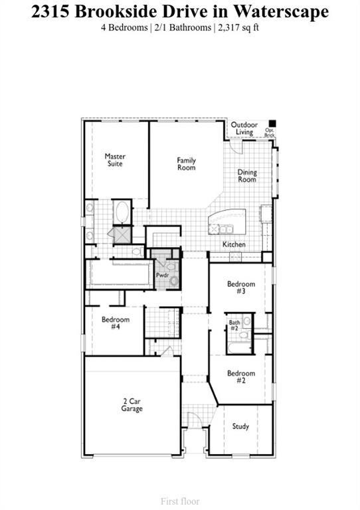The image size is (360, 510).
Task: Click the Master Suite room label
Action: pos(115,160)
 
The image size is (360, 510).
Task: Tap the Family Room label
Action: pos(186,163)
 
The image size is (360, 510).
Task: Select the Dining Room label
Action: pos(247,176)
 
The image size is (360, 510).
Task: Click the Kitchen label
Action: pos(234,244)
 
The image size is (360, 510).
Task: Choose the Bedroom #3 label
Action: pos(240,288)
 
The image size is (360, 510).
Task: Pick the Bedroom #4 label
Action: pos(115,323)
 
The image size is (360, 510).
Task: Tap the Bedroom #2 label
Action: pos(240,377)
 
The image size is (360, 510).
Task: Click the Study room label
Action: pos(240,426)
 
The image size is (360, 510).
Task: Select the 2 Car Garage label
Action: pos(132,405)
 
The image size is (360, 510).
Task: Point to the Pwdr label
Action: pos(161,274)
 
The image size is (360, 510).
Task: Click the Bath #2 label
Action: pos(234,325)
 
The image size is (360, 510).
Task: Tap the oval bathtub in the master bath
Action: pos(122,212)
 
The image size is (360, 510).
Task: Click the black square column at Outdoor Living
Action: pos(272,123)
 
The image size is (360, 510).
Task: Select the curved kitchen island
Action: pos(226,219)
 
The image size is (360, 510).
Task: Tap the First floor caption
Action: pos(180,501)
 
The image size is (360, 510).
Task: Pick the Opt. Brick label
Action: pos(270,132)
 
